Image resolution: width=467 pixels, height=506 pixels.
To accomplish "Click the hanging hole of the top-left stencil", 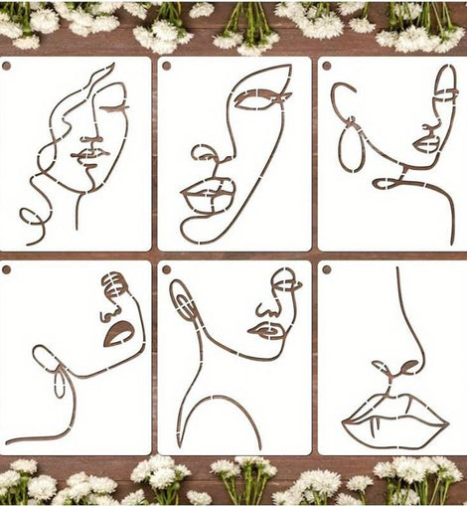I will [x=7, y=66].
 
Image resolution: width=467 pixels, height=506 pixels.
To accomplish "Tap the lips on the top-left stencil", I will [x=90, y=155].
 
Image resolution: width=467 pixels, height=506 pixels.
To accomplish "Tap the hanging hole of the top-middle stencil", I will [x=166, y=66].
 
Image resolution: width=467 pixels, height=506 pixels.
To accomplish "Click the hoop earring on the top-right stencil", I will [x=351, y=147].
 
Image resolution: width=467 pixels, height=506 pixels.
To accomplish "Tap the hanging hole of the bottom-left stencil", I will [x=7, y=269].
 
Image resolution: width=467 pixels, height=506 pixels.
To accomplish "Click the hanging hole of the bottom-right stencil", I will [x=326, y=269].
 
